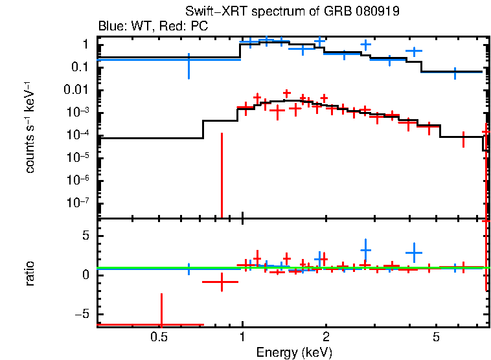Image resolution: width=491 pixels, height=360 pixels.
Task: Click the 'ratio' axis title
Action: point(30,273)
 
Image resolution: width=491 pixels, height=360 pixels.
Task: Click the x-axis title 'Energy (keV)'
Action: point(294,353)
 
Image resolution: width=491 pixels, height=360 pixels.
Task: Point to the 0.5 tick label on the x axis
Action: point(159,337)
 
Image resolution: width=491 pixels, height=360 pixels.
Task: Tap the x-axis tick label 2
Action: point(326,337)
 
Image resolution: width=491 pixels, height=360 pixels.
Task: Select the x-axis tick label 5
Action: point(437,337)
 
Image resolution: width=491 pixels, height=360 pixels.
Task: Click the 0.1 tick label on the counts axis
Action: point(80,67)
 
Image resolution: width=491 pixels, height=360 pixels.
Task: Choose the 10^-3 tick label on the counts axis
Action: point(78,113)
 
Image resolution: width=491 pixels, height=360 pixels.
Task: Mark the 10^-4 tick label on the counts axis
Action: point(78,135)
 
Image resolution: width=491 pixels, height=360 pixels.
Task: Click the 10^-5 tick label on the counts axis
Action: point(78,158)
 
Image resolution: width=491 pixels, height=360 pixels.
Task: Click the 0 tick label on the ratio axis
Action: point(85,275)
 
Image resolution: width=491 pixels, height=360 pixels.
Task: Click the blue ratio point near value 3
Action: point(365,250)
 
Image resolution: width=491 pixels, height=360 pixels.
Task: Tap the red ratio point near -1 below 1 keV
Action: point(222,282)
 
